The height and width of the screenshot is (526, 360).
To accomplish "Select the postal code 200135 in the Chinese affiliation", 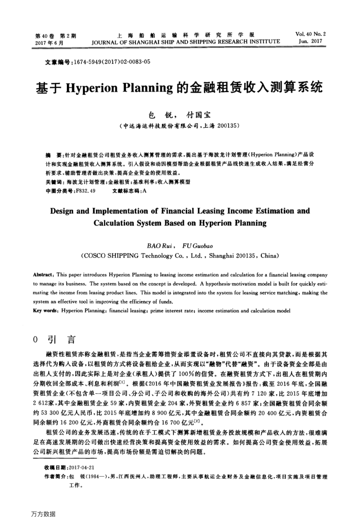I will pyautogui.click(x=225, y=125).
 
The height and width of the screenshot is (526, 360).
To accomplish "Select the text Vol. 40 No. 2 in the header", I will pyautogui.click(x=311, y=34).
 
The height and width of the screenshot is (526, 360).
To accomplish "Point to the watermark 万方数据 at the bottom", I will pyautogui.click(x=43, y=514).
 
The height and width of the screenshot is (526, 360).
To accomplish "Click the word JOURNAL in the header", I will pyautogui.click(x=105, y=41).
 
